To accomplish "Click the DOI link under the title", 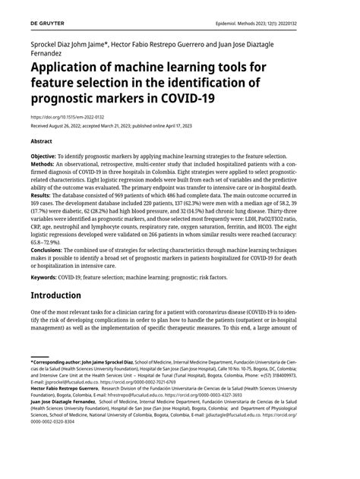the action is (x=66, y=118).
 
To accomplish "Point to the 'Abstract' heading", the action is (x=42, y=141).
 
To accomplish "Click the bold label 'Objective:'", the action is (x=49, y=156).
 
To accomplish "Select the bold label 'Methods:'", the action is (x=46, y=164).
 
